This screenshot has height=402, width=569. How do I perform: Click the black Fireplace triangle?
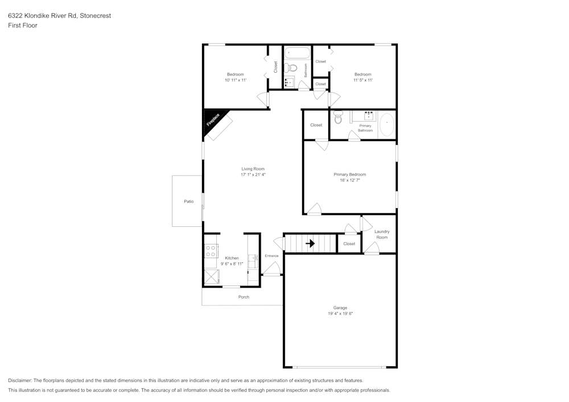tap(212, 121)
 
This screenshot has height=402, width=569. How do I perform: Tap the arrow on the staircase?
tap(310, 243)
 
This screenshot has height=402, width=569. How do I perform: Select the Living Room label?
tap(253, 169)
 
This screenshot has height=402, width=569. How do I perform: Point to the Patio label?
tap(188, 201)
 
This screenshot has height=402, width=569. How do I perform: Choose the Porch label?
tap(244, 297)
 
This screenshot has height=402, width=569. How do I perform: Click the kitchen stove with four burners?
tap(211, 251)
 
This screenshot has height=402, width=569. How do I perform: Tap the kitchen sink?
tap(253, 260)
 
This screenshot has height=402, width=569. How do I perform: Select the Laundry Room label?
tap(382, 234)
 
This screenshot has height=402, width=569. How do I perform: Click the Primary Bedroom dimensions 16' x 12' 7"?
tap(349, 180)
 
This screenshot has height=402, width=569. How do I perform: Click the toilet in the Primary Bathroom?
tap(338, 118)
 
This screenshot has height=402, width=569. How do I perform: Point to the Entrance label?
tap(271, 256)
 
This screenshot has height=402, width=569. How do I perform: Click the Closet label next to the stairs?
tap(349, 244)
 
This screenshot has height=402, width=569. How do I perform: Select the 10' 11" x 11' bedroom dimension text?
tap(235, 80)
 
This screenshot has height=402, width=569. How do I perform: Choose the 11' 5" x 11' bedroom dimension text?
tap(362, 80)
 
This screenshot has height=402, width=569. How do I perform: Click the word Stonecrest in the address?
tap(95, 16)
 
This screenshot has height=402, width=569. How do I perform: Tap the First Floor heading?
tap(22, 26)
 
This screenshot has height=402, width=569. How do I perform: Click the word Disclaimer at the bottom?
tap(20, 380)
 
